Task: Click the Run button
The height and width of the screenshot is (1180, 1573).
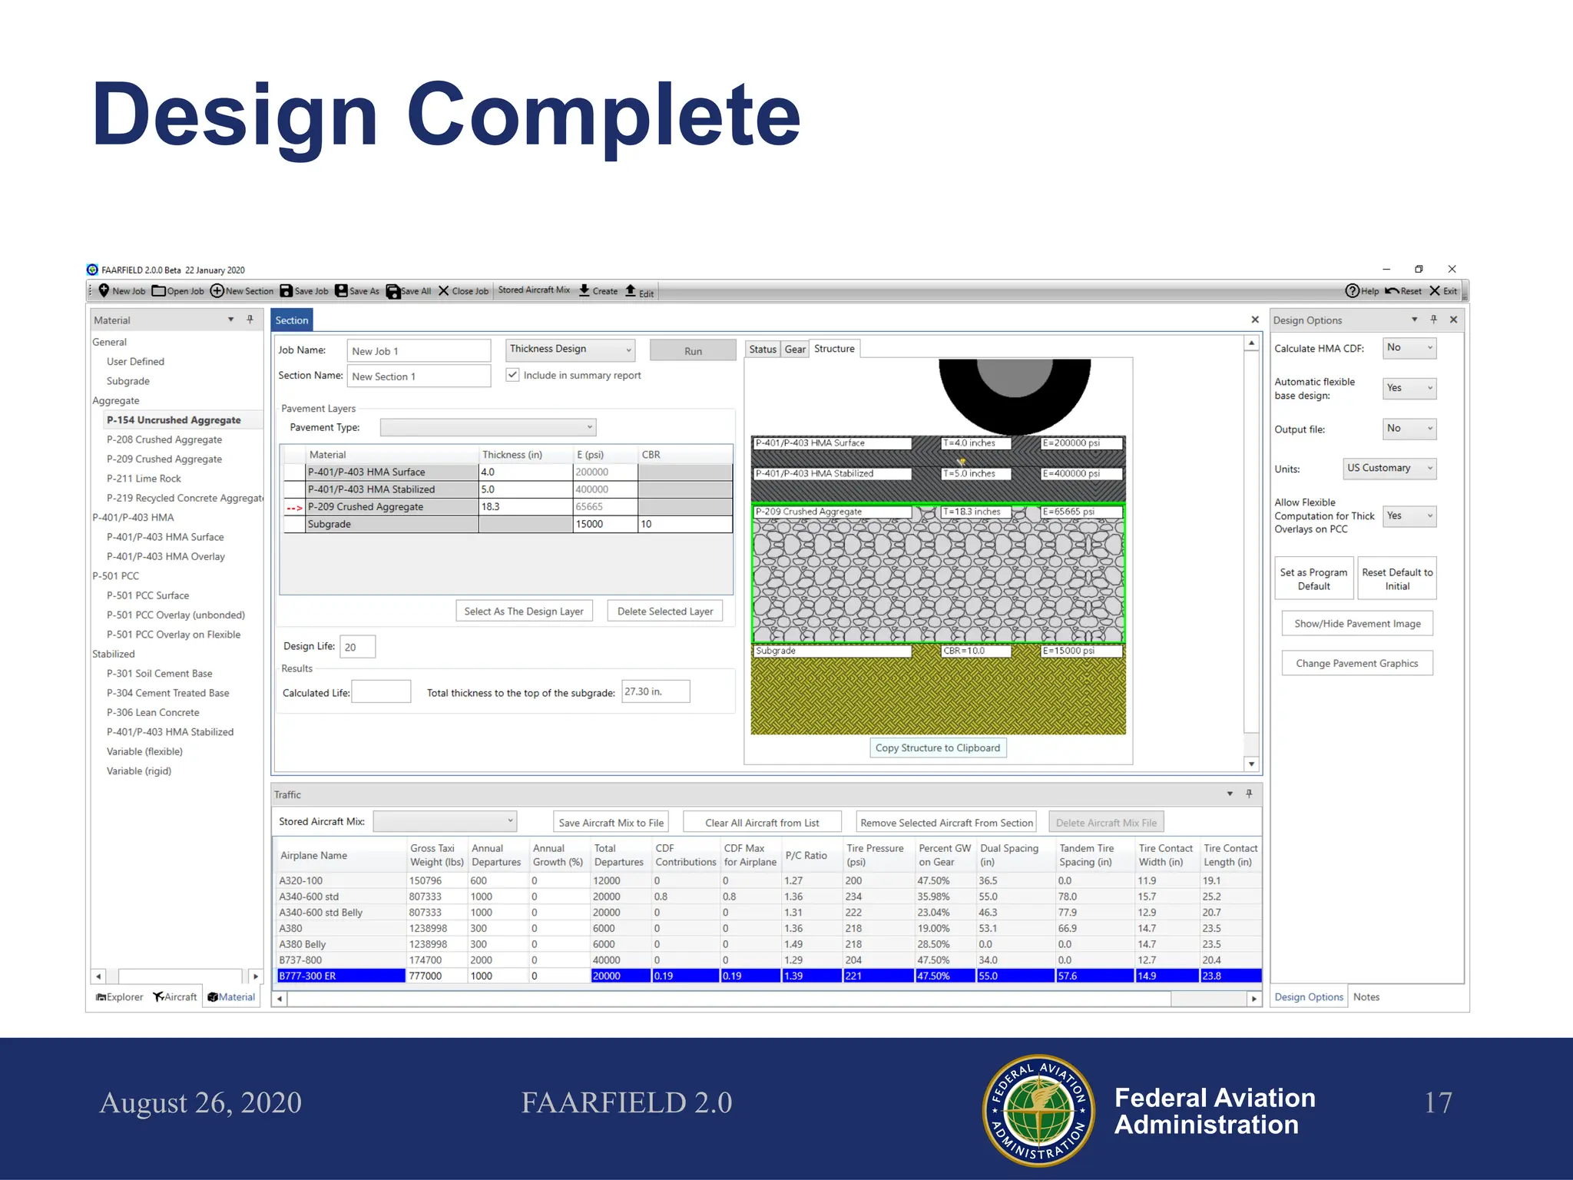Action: click(692, 351)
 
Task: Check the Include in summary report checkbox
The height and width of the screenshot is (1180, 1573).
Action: click(512, 375)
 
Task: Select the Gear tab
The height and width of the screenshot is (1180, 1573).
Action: click(795, 350)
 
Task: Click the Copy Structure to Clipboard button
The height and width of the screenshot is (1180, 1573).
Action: click(937, 748)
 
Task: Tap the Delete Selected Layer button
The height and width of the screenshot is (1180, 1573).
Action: click(664, 612)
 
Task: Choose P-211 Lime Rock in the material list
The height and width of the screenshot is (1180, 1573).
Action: click(144, 479)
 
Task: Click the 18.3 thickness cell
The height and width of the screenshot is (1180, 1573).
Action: click(525, 507)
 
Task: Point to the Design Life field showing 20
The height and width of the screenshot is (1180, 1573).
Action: click(356, 647)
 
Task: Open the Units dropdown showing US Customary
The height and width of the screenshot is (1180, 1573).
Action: click(1389, 469)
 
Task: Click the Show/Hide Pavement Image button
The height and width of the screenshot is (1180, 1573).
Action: click(1357, 624)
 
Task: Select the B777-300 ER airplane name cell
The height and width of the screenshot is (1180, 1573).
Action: click(340, 976)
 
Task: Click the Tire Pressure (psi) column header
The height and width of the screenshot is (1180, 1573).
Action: click(875, 855)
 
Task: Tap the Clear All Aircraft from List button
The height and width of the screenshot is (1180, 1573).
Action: click(762, 823)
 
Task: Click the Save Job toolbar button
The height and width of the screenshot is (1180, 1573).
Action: click(304, 291)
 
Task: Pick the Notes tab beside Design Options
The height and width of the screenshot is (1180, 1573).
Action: click(1366, 997)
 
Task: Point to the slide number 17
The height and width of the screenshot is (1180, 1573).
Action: click(1438, 1103)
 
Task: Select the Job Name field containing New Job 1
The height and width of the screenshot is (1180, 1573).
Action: click(418, 351)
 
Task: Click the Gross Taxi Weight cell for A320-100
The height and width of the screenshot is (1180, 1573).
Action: click(435, 881)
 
